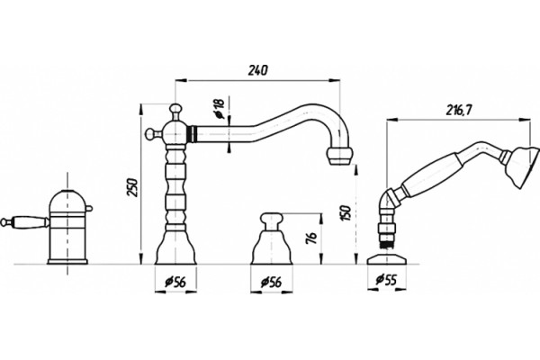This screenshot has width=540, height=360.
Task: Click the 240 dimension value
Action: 257,70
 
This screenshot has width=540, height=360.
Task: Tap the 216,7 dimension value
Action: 459,110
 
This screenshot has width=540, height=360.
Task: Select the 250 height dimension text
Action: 133,187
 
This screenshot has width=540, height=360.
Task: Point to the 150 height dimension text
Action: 346,213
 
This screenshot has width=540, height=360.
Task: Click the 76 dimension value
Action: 310,238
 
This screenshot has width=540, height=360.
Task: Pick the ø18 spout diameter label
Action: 219,109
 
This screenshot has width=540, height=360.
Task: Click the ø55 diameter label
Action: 386,279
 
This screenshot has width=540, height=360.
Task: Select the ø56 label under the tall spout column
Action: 175,282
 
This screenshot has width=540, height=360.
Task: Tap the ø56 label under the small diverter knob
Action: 271,282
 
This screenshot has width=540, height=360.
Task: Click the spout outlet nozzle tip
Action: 340,157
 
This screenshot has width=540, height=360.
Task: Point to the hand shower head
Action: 523,168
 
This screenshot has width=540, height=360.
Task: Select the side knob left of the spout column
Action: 151,134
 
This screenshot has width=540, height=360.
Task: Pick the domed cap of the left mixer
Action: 67,202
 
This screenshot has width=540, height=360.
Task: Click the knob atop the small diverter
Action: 271,220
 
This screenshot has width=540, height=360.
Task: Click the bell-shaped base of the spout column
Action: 175,247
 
